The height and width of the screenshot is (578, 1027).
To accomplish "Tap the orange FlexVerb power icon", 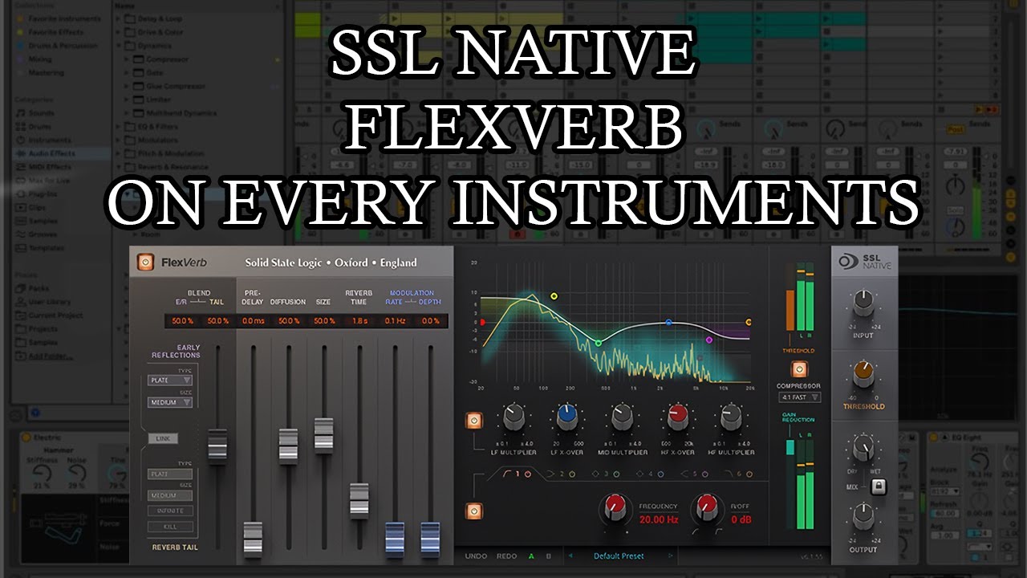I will [145, 263].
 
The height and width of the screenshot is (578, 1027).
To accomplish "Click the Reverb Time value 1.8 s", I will [359, 321].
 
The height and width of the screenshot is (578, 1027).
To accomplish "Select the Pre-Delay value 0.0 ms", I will [253, 321].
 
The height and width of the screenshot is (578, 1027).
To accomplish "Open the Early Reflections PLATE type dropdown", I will [169, 380].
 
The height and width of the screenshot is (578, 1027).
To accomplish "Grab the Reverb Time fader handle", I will [359, 499].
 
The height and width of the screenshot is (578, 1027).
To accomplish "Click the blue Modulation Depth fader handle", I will [430, 536].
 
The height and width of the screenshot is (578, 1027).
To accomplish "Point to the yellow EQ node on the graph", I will [554, 296].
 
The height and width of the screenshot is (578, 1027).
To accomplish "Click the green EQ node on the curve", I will [598, 343].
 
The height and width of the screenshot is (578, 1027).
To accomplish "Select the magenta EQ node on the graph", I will [708, 340].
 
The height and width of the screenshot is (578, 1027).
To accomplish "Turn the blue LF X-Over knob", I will [567, 417].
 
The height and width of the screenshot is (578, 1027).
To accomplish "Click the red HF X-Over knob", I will [676, 417].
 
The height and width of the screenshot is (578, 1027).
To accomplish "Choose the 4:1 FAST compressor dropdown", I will [799, 397].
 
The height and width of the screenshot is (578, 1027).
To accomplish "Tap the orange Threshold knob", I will [863, 372].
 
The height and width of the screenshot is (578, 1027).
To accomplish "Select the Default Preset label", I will [619, 556].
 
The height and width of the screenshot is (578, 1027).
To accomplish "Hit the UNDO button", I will [476, 556].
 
